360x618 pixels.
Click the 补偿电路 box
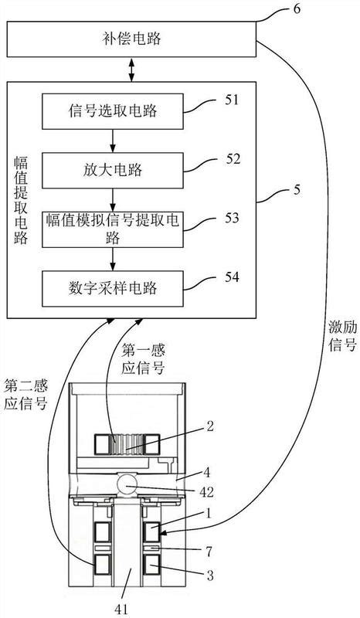click(x=131, y=38)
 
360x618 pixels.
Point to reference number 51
click(x=232, y=100)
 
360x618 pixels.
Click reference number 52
click(x=233, y=159)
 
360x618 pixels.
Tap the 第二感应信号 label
click(x=27, y=392)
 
